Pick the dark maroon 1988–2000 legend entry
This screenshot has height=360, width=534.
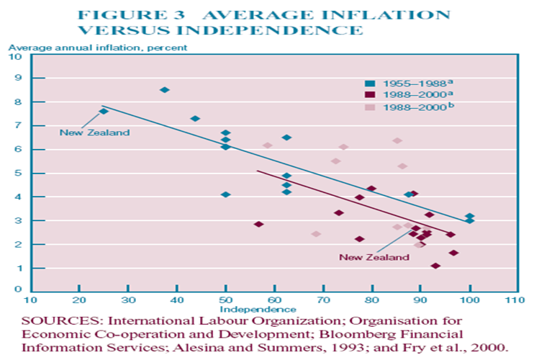pos(402,94)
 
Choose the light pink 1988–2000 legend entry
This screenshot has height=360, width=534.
pos(402,106)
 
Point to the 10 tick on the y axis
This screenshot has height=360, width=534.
pos(19,55)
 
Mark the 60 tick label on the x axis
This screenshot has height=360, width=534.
pos(274,299)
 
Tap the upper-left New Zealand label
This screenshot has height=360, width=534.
pos(84,132)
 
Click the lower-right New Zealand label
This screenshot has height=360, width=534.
pos(364,256)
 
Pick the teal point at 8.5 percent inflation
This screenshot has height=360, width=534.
pos(165,90)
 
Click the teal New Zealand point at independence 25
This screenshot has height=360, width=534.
pos(104,111)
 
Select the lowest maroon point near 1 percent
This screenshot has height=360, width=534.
pos(435,266)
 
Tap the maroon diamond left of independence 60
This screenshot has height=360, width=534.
pos(259,225)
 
